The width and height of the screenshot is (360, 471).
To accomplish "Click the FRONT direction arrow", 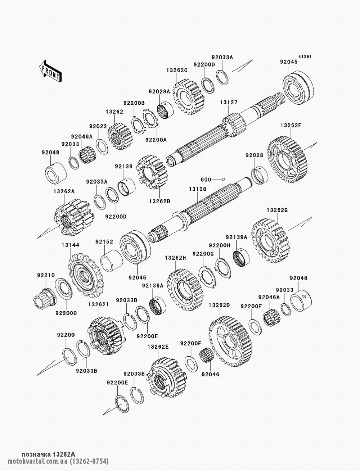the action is point(50,71).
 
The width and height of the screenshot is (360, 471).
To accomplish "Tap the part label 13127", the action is point(229,102).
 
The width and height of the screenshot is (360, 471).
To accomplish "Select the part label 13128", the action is point(198,189).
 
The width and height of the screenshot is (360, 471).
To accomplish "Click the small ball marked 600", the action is point(223,179).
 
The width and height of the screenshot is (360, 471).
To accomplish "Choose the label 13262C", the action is point(177,70).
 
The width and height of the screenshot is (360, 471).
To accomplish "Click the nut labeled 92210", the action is point(45,299).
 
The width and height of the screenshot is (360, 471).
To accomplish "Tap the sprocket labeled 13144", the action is point(86,275).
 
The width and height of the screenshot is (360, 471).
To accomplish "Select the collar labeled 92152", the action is point(111,260).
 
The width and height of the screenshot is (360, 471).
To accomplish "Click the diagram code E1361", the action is point(305,56).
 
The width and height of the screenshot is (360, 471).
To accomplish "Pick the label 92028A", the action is point(159,91).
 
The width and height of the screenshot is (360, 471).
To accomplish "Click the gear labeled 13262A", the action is point(73,217).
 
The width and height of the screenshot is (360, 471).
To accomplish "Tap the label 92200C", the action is point(66,313).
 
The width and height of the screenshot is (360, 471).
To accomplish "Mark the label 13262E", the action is point(158,347).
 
